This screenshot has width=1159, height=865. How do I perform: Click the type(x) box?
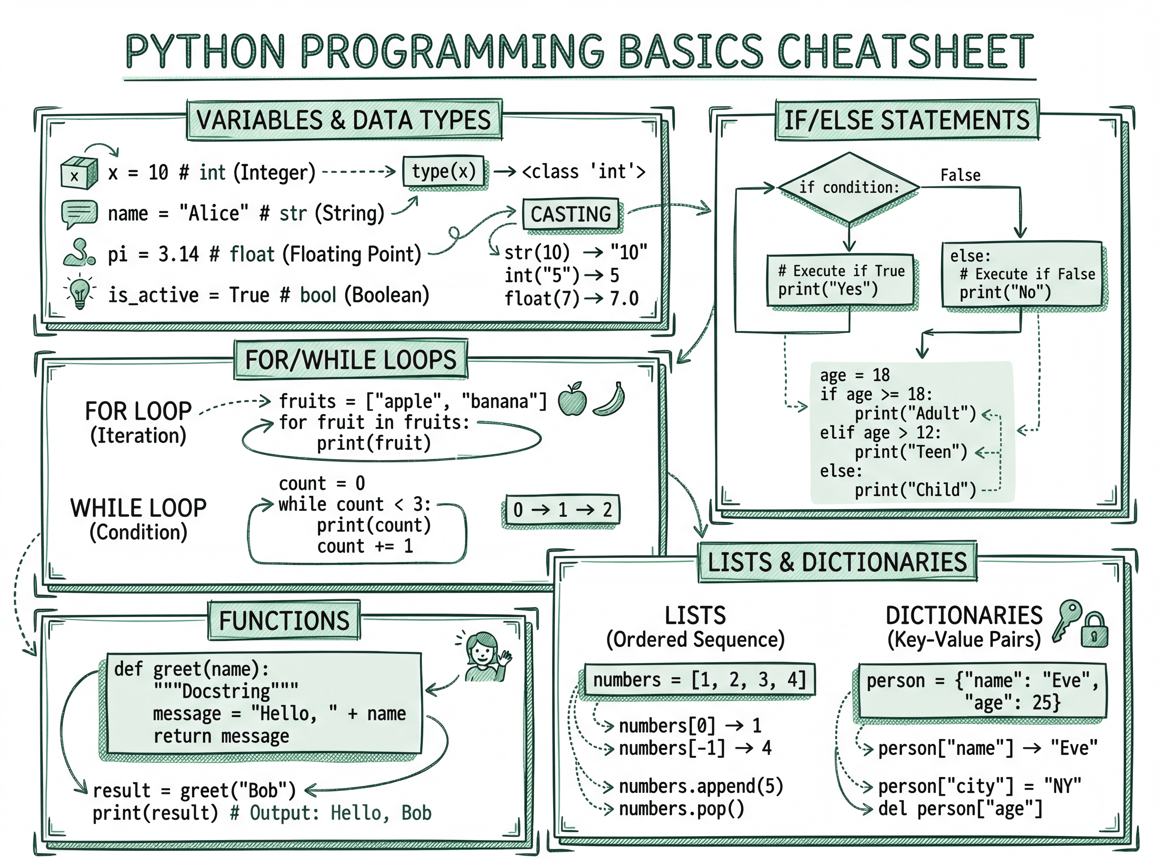(x=444, y=171)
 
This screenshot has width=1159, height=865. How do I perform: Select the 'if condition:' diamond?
(x=848, y=187)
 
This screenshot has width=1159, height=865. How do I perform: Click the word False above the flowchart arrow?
(x=960, y=175)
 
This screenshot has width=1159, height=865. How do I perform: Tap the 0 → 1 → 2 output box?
(x=562, y=510)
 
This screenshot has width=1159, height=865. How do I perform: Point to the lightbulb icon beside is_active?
(x=80, y=292)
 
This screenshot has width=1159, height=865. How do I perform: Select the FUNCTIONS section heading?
(x=284, y=621)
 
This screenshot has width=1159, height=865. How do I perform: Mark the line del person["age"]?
(x=960, y=809)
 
